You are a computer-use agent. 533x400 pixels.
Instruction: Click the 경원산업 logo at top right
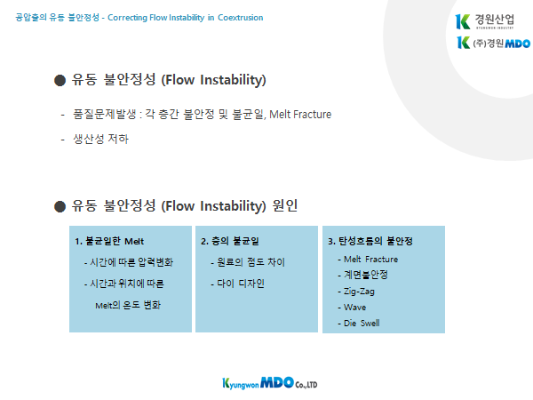[x=485, y=21]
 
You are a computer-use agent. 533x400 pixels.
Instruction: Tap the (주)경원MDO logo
[x=493, y=43]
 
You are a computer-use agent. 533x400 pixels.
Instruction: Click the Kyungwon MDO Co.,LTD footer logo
[x=270, y=383]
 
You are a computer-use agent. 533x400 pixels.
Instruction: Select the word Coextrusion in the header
[x=241, y=18]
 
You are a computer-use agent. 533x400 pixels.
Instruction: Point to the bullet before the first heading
[x=60, y=81]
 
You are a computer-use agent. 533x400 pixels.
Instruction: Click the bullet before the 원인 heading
[x=60, y=206]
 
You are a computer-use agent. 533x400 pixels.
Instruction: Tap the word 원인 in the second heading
[x=285, y=205]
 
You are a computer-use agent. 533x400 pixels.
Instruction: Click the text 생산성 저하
[x=101, y=139]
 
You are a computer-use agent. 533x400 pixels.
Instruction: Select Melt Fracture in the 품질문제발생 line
[x=300, y=115]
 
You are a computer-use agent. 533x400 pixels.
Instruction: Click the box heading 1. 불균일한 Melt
[x=109, y=241]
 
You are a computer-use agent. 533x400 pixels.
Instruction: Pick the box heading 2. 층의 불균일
[x=230, y=241]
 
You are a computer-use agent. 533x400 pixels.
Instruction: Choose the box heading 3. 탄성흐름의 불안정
[x=370, y=241]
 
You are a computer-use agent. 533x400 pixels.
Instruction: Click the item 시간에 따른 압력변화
[x=129, y=262]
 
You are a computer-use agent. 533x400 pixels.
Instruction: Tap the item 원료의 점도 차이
[x=248, y=262]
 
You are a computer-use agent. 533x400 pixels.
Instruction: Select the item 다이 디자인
[x=237, y=284]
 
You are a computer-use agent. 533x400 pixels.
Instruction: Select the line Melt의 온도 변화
[x=128, y=305]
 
